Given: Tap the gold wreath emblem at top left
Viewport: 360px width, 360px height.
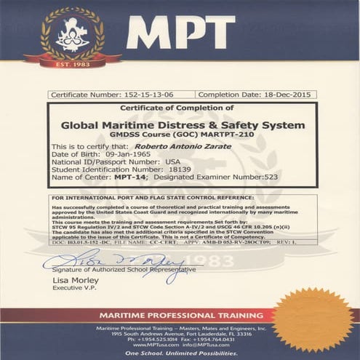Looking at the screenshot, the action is (71, 33).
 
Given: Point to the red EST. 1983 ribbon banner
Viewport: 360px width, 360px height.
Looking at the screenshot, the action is (71, 63).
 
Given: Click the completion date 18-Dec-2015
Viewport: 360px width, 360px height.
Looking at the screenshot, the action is (280, 95).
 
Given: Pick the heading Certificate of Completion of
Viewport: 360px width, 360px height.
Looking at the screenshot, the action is (182, 110).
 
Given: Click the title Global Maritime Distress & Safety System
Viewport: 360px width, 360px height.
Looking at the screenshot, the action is (182, 125).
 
